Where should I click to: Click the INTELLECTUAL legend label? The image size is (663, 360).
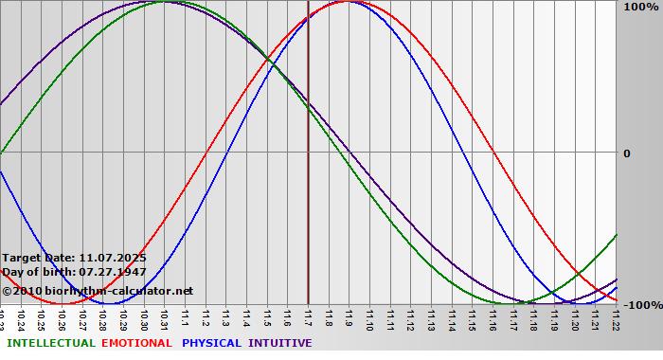(x=51, y=343)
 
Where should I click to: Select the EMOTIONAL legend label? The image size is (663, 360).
(x=136, y=343)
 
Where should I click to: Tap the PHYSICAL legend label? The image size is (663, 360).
(x=213, y=343)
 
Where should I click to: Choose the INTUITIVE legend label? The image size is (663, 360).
(x=279, y=343)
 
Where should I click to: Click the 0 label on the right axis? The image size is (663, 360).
(x=626, y=153)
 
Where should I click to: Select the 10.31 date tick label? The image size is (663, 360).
(x=165, y=318)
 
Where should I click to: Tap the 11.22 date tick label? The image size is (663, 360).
(x=616, y=318)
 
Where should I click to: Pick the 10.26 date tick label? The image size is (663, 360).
(x=63, y=318)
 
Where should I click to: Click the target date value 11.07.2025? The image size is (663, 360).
(x=113, y=257)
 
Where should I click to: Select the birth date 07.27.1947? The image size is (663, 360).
(x=113, y=272)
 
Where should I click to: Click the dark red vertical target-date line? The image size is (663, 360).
(x=309, y=189)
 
